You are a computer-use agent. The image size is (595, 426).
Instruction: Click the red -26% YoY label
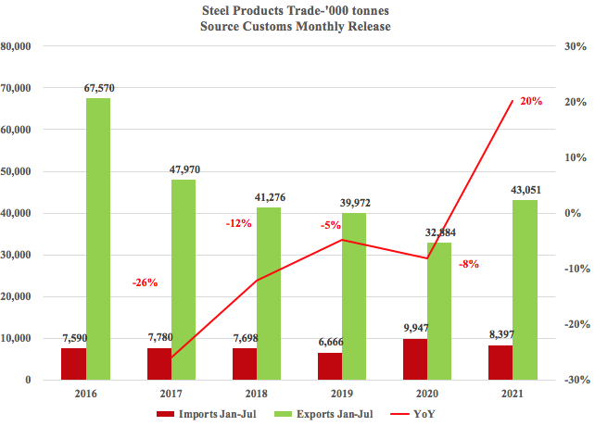[146, 282]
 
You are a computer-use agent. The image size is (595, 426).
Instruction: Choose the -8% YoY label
[469, 264]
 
